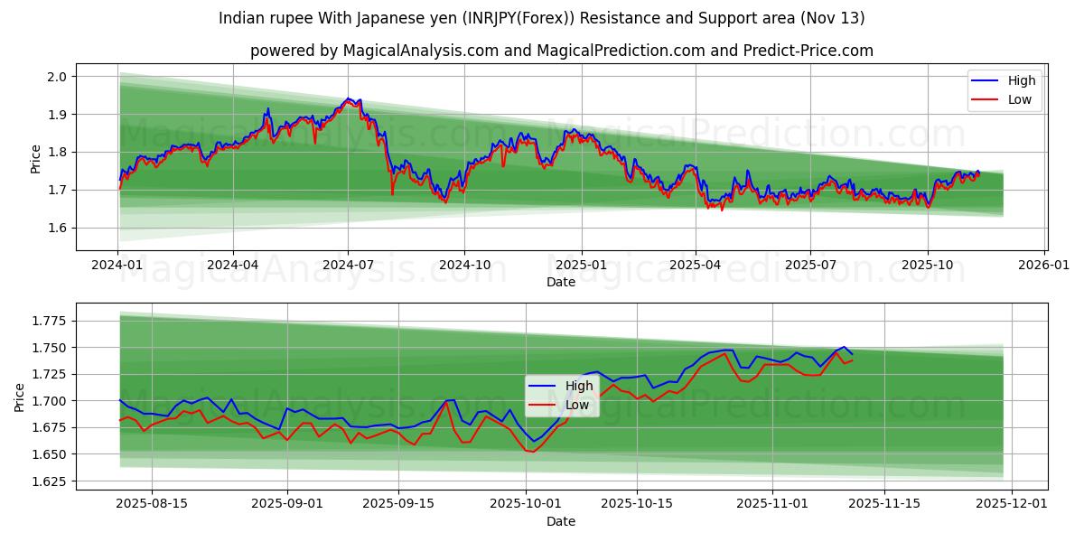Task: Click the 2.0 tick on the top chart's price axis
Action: [x=57, y=77]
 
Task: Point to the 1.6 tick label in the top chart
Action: [x=57, y=228]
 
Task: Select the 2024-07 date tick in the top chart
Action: [x=349, y=265]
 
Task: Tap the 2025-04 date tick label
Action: [x=696, y=265]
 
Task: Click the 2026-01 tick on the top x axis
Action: [x=1043, y=265]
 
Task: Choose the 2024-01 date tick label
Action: [x=117, y=265]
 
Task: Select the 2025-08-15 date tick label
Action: [x=151, y=504]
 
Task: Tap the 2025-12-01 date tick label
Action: [x=1011, y=504]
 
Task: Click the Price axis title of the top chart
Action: [x=36, y=158]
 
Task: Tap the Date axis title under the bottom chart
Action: [x=560, y=521]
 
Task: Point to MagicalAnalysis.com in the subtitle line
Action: [x=420, y=51]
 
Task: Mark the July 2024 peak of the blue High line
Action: [x=348, y=98]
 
